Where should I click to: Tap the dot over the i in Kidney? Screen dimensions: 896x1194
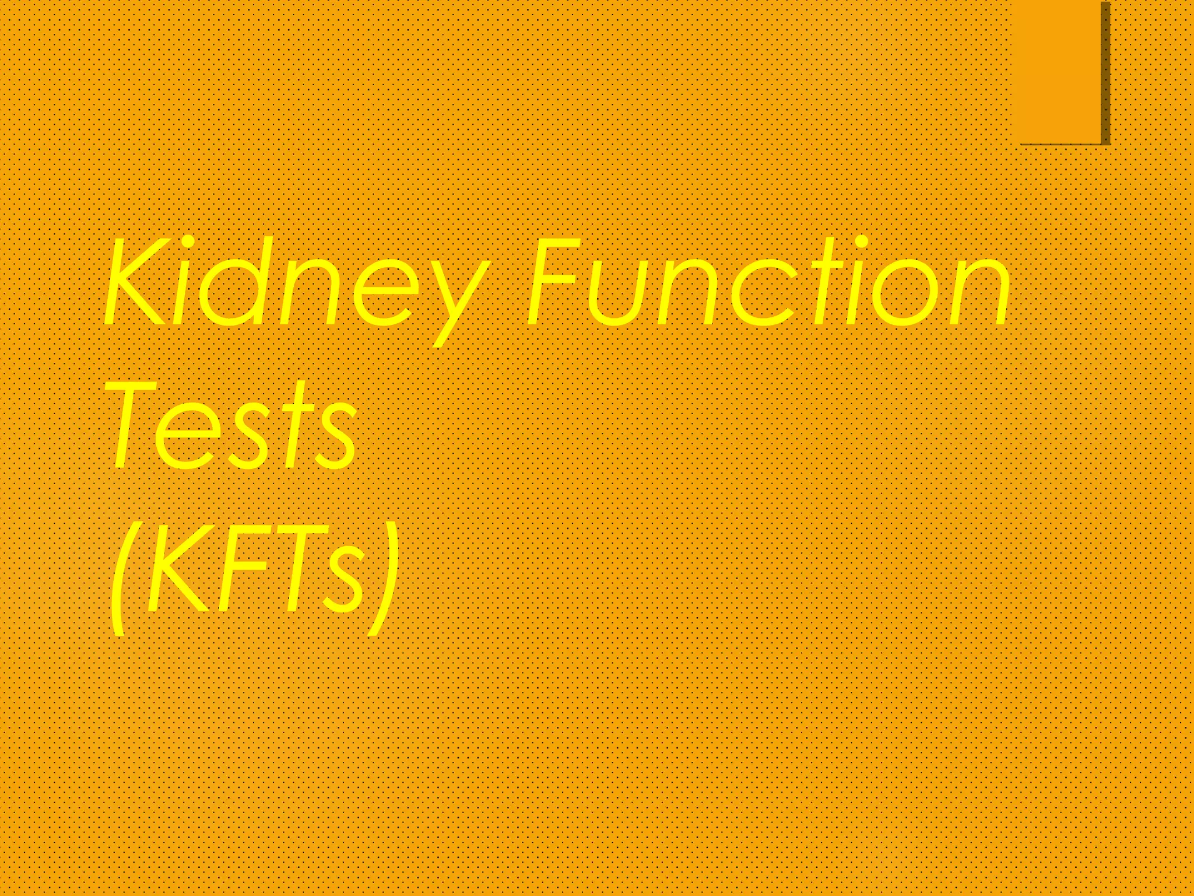[x=188, y=241]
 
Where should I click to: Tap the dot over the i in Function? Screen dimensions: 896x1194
[x=861, y=241]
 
